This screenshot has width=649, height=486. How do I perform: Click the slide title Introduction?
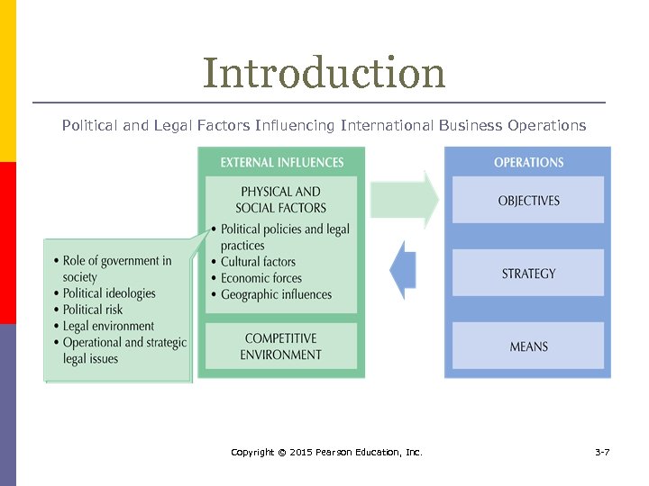[324, 73]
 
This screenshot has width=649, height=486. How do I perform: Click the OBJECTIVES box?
[528, 201]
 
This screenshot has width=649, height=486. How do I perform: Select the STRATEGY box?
[528, 274]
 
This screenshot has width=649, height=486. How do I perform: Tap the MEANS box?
[528, 346]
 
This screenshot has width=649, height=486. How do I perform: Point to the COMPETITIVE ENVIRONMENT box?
[280, 346]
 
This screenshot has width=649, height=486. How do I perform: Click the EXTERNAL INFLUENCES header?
[281, 163]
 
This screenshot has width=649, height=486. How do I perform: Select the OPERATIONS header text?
[528, 163]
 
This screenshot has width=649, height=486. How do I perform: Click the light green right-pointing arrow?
[405, 200]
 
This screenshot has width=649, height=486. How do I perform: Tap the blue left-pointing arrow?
[403, 270]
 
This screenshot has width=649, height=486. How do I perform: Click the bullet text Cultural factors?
[258, 262]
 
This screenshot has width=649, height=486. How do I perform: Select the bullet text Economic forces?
[261, 278]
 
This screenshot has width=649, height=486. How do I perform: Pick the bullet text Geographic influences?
[276, 294]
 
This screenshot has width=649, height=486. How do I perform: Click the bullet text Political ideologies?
[109, 293]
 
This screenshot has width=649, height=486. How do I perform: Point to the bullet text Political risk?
[93, 310]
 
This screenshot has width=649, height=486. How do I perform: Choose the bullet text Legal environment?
[108, 326]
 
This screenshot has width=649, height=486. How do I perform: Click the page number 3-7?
[602, 452]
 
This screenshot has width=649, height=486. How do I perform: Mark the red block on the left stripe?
[7, 242]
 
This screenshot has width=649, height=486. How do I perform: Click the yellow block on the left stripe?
[7, 81]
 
